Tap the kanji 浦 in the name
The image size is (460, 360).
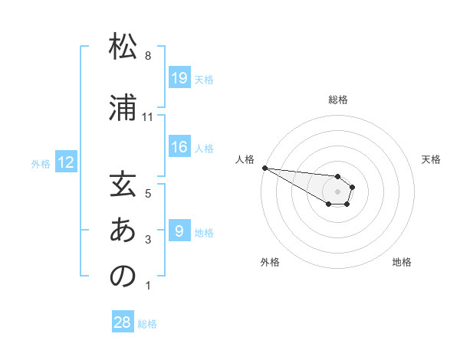tap(123, 107)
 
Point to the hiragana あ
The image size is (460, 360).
tap(123, 231)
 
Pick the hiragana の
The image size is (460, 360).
tap(123, 277)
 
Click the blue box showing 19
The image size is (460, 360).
tap(179, 78)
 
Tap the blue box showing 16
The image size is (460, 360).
tap(179, 147)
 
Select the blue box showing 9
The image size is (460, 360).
tap(179, 231)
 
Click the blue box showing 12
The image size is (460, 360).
tap(66, 162)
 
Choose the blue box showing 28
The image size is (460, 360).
tap(123, 322)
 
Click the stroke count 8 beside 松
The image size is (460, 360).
tap(148, 56)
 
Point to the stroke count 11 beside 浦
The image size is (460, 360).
tap(148, 116)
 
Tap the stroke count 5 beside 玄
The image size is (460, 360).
tap(148, 194)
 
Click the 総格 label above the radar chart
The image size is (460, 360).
tap(338, 100)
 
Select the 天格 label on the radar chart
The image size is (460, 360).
tap(432, 159)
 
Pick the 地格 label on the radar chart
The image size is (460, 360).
tap(402, 262)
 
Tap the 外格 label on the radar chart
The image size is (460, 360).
tap(270, 262)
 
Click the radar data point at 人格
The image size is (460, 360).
tap(264, 168)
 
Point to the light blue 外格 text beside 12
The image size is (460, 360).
tap(41, 163)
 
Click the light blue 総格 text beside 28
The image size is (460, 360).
tap(147, 324)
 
